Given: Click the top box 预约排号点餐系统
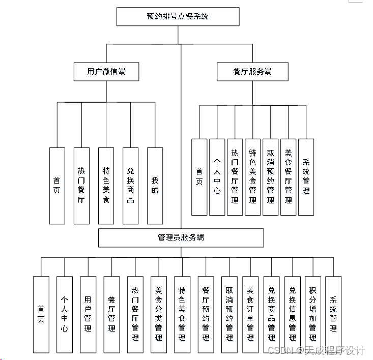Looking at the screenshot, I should click(x=178, y=17).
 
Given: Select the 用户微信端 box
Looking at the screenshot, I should click(x=106, y=72).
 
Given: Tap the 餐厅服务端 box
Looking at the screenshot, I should click(x=252, y=72).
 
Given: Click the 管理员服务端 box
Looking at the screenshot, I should click(x=181, y=237).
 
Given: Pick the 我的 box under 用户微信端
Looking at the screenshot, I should click(x=155, y=186).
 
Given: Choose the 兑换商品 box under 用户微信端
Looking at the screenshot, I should click(x=131, y=186).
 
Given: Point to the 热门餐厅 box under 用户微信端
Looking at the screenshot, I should click(x=81, y=186).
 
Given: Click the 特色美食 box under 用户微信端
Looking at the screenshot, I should click(x=106, y=186).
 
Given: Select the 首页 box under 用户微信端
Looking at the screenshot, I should click(x=57, y=186).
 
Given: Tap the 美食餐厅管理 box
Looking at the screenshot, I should click(x=288, y=177).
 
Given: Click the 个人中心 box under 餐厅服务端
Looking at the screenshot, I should click(x=217, y=177).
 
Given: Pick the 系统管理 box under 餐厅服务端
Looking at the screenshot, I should click(x=306, y=177).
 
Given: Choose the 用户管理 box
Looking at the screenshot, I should click(x=88, y=314).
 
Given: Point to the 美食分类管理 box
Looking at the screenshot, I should click(x=158, y=314).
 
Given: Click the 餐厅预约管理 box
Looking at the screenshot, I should click(x=206, y=314).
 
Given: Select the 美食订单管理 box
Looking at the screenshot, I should click(x=250, y=314).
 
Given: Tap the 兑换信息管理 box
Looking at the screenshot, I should click(x=292, y=314).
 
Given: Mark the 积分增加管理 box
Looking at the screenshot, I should click(x=312, y=314).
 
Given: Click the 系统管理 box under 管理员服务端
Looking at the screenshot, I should click(x=333, y=314).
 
